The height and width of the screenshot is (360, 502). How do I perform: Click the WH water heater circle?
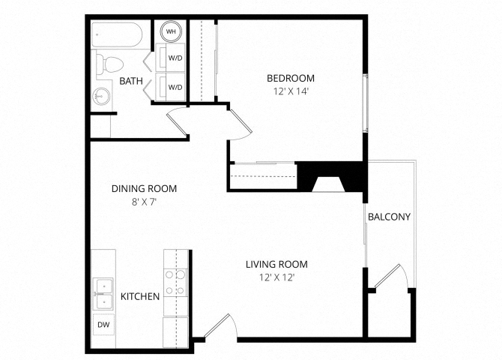click(x=171, y=31)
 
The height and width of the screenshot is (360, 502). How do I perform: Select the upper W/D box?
click(x=175, y=58)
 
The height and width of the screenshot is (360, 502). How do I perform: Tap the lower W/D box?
click(x=175, y=87)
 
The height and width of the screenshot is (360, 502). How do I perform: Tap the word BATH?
click(x=131, y=80)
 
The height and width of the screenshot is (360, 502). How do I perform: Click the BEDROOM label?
click(x=290, y=78)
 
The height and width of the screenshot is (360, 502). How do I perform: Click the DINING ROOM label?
click(x=144, y=188)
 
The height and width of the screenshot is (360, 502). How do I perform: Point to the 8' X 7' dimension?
click(x=144, y=202)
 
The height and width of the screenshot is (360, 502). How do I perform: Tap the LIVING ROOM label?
click(x=276, y=264)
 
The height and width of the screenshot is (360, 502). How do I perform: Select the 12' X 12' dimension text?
click(x=276, y=277)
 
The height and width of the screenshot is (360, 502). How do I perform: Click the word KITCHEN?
click(x=140, y=296)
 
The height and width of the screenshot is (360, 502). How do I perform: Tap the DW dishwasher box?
click(x=103, y=325)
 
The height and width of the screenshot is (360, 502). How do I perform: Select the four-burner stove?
click(x=175, y=282)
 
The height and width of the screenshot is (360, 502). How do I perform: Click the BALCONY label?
click(x=388, y=217)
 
